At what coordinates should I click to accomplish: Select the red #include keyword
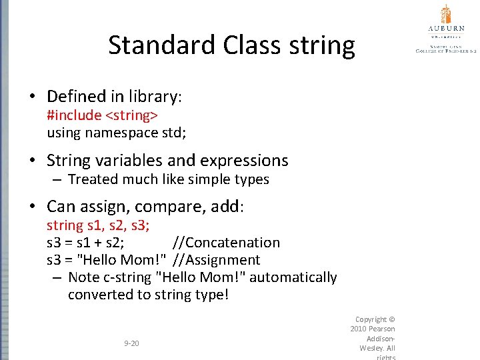coord(73,115)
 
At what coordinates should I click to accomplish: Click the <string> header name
coord(131,115)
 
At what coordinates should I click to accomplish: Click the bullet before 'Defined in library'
coord(33,97)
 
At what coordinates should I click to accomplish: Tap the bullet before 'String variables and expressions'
coord(33,161)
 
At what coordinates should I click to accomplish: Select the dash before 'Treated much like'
coord(57,179)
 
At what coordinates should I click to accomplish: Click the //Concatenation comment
coord(226,243)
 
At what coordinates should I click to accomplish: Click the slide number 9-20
coord(131,343)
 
